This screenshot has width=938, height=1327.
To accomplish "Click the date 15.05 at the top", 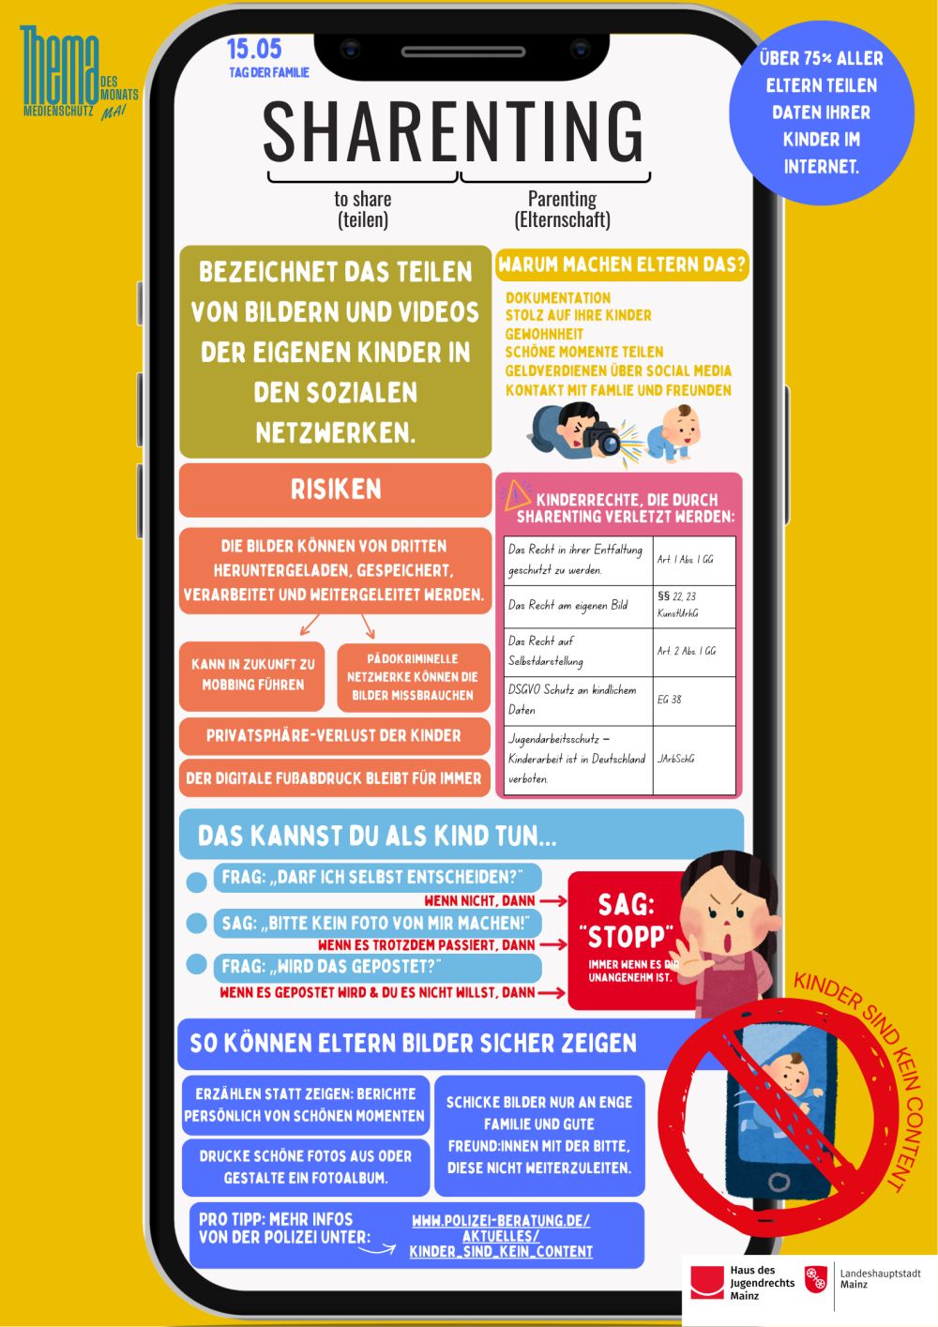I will coord(254,49).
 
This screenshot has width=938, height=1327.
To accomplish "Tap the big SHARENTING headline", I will coord(453,131).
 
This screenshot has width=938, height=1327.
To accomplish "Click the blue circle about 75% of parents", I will coord(822,113).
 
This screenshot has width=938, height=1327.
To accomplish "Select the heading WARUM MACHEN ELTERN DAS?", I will coord(622,264).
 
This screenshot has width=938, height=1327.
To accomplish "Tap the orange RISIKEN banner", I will coord(335,489).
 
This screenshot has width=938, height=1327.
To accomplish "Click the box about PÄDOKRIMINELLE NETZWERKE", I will coord(413,677).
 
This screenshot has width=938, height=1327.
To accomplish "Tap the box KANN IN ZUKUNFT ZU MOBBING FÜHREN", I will coord(253,674).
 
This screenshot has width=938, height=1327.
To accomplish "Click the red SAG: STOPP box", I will coord(627,938).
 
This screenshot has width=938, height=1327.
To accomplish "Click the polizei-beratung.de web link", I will coord(501,1236).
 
